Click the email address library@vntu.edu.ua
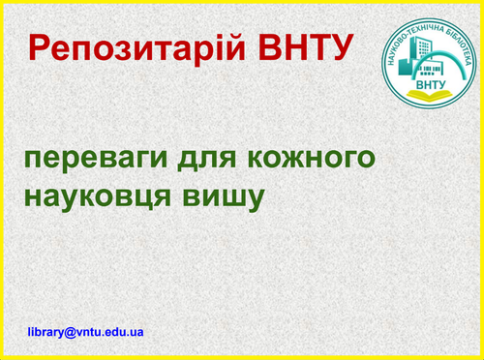click(86, 331)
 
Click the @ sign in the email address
click(71, 331)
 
